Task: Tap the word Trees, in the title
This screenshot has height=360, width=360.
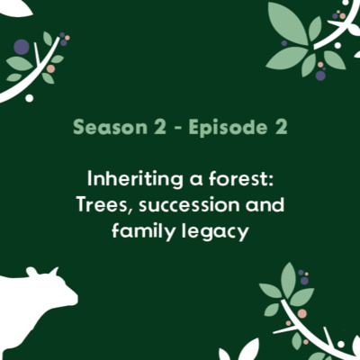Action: [104, 204]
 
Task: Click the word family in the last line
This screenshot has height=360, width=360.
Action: [140, 234]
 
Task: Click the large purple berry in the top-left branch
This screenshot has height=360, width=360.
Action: [21, 47]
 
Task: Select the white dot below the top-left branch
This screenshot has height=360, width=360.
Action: [30, 97]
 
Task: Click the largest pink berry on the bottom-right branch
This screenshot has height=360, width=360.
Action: [301, 313]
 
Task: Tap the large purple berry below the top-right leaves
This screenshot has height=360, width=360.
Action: [320, 76]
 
